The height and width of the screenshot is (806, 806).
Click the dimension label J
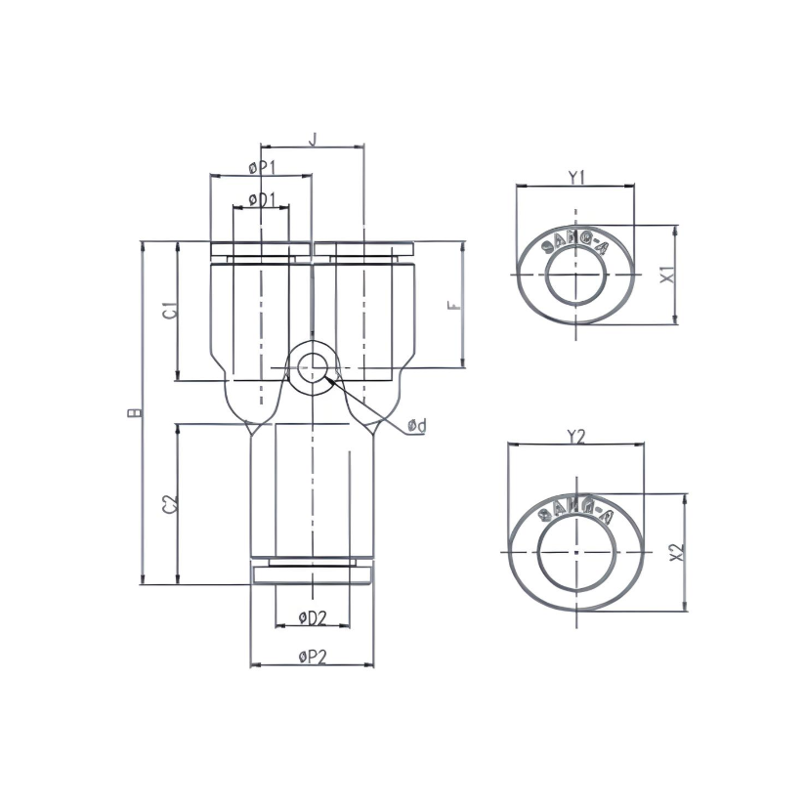pyautogui.click(x=312, y=140)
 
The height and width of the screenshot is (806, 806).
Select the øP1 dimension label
pyautogui.click(x=262, y=168)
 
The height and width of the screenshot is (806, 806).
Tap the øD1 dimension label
pyautogui.click(x=261, y=199)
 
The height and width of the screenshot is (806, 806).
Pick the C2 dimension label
pyautogui.click(x=169, y=504)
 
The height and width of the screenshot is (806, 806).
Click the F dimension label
pyautogui.click(x=453, y=305)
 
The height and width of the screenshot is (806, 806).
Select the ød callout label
pyautogui.click(x=416, y=425)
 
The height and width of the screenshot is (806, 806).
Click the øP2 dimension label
pyautogui.click(x=311, y=657)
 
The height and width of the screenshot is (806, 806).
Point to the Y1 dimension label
pyautogui.click(x=575, y=177)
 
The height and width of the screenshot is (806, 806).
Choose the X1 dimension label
pyautogui.click(x=667, y=275)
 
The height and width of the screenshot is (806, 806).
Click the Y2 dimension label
pyautogui.click(x=575, y=437)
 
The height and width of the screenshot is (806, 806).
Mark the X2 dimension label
pyautogui.click(x=675, y=552)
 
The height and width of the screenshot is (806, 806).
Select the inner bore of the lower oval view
pyautogui.click(x=576, y=553)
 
